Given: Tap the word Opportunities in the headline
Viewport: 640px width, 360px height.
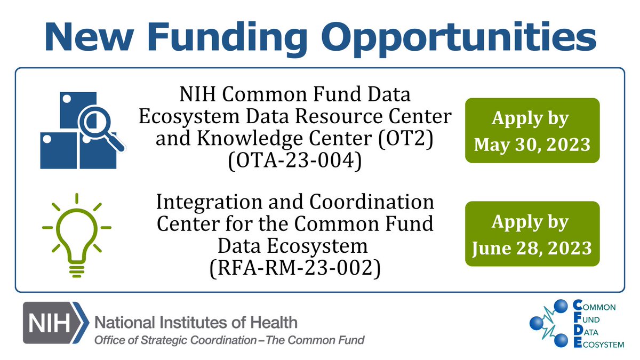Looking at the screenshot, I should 460,36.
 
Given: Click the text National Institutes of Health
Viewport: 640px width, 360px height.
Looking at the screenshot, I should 196,322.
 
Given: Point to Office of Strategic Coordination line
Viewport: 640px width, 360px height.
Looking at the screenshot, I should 229,340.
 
